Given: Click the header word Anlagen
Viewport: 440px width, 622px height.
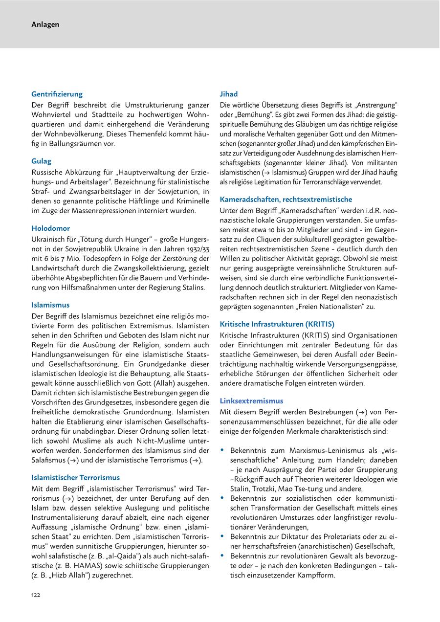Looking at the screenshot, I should [x=45, y=24].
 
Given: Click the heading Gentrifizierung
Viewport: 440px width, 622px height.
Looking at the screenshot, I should [x=57, y=94].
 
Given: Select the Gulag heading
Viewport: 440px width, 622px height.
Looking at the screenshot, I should [x=41, y=161].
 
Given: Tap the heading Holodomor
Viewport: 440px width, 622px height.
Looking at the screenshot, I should [x=50, y=228].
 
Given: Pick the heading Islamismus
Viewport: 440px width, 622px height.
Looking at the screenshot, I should [x=50, y=305].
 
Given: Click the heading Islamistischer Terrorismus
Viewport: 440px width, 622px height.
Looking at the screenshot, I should [x=75, y=477].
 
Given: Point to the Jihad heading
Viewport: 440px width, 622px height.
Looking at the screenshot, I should [x=229, y=94].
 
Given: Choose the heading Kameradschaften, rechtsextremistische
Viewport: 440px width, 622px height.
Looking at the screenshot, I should [x=286, y=200].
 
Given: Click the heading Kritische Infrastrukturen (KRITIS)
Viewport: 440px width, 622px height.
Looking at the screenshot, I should [x=277, y=324].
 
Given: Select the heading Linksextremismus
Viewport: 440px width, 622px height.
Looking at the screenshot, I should [x=251, y=400].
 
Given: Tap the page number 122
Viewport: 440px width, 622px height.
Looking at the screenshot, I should [x=36, y=595].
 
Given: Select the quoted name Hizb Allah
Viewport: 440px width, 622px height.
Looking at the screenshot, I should [x=70, y=575].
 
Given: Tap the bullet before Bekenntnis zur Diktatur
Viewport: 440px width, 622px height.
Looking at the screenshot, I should [x=222, y=536].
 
